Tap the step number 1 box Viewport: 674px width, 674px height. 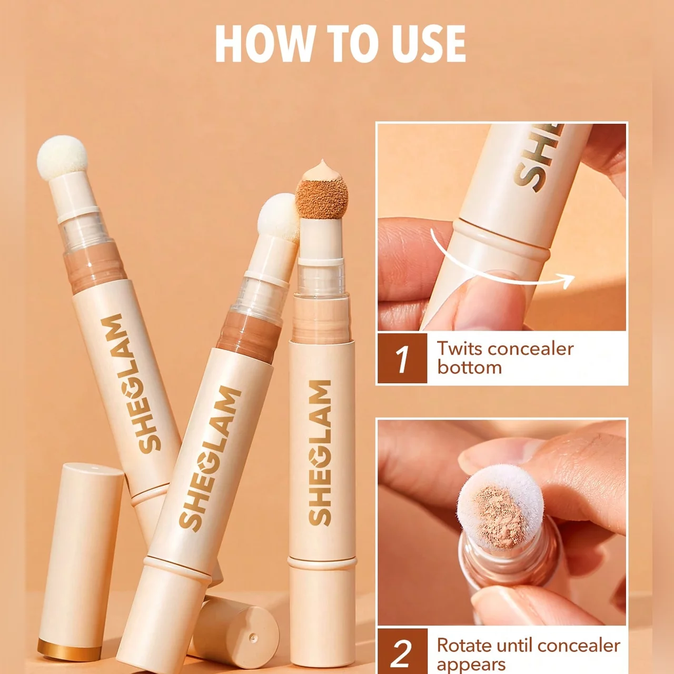[x=402, y=358]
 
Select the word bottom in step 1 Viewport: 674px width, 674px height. [x=469, y=367]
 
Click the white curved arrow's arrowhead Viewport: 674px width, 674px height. [x=566, y=280]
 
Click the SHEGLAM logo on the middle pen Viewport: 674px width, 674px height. [x=210, y=457]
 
